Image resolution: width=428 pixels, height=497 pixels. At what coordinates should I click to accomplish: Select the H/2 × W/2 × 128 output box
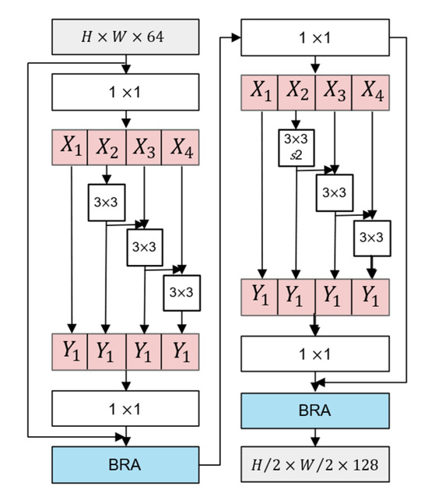pos(314,466)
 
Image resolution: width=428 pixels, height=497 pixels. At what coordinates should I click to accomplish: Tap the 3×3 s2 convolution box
pos(296,146)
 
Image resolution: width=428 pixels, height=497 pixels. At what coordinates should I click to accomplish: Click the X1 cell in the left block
pos(71,146)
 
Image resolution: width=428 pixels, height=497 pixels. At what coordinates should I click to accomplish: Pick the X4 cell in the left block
pos(181,146)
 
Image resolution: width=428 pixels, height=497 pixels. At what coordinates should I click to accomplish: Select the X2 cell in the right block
pos(296,93)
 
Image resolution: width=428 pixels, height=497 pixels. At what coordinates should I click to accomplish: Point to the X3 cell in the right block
pos(333,93)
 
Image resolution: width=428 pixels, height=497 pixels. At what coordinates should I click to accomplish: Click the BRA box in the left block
pos(125,466)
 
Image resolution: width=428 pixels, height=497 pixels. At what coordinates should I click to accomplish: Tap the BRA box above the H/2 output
pos(314,411)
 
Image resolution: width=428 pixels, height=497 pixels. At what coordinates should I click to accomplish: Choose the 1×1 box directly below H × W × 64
pos(125,93)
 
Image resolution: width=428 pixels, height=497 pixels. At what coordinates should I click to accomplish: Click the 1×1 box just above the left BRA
pos(125,407)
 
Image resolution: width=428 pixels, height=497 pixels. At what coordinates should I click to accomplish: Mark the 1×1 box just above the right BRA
pos(314,354)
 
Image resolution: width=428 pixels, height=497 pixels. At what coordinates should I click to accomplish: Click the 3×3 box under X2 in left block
pos(106,202)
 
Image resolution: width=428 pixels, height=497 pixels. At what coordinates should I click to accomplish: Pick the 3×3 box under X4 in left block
pos(181,293)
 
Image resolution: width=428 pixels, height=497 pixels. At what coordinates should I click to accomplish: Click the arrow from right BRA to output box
pos(314,438)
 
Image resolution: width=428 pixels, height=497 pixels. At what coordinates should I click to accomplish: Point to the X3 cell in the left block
pos(144,146)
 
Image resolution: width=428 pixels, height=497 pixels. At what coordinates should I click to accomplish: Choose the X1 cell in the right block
pos(259,93)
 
